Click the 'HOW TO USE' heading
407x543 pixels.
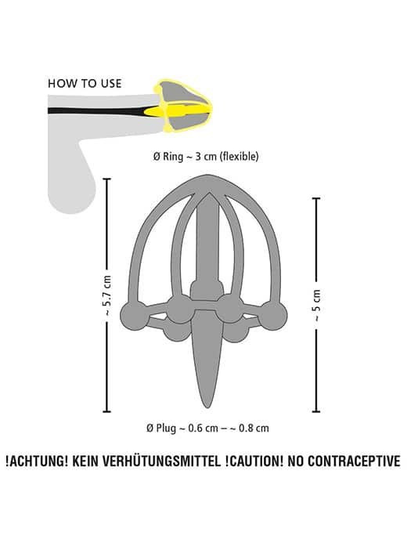[85, 84]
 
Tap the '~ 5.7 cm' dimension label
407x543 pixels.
[107, 295]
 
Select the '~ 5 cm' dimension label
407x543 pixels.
[317, 305]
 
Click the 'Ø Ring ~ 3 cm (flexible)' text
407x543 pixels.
[206, 157]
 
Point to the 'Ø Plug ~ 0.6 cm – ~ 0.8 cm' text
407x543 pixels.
[207, 429]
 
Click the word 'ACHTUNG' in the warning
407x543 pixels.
[38, 462]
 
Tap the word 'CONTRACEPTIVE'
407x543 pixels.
[354, 462]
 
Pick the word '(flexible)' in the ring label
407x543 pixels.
[240, 157]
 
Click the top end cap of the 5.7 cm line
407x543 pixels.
[107, 179]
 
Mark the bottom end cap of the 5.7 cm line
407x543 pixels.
[107, 411]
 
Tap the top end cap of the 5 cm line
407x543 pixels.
[316, 198]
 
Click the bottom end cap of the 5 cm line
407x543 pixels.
[316, 411]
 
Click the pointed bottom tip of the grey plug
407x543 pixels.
[207, 407]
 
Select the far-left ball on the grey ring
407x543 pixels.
[134, 316]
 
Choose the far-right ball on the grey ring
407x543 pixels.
[273, 316]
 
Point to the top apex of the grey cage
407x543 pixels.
[207, 176]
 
